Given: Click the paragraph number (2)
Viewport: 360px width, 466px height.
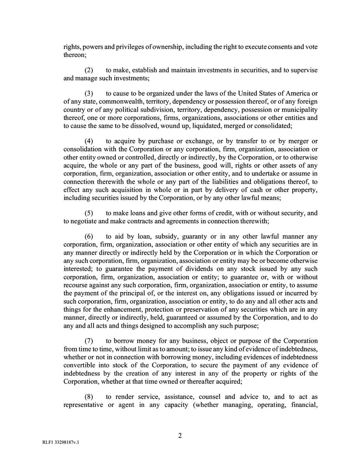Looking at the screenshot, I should point(89,70).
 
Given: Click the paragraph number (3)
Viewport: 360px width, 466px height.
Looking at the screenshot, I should point(89,94).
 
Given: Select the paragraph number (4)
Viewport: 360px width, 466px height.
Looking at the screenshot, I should point(89,142).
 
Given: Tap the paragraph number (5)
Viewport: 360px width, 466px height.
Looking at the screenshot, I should point(89,214).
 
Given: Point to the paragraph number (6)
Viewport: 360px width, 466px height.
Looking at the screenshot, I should point(89,237).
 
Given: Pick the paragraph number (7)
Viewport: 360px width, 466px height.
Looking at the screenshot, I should point(89,341).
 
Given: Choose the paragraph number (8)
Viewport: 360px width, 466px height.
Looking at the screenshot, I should point(89,397).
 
